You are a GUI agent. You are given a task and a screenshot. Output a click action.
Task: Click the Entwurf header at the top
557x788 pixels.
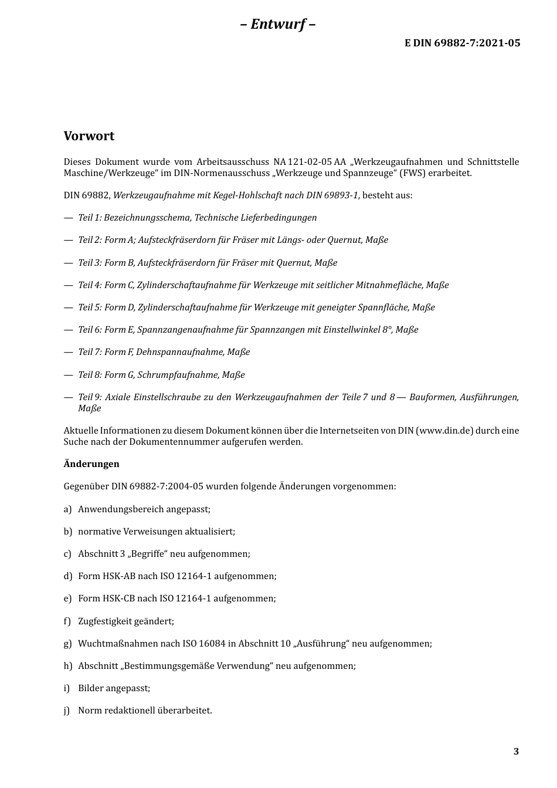(278, 24)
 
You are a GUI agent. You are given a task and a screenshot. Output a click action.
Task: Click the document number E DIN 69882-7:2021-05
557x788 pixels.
(462, 43)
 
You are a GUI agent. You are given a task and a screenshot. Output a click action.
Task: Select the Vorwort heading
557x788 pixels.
(89, 136)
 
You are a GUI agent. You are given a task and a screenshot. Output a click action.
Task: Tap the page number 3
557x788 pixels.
(516, 752)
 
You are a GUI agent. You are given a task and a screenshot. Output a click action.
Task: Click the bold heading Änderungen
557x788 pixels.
(91, 464)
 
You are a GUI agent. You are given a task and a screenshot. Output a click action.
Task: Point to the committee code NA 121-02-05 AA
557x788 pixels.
(310, 162)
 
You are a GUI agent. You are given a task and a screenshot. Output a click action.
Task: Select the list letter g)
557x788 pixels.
(67, 644)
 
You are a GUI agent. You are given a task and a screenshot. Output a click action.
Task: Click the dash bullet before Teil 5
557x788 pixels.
(68, 307)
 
